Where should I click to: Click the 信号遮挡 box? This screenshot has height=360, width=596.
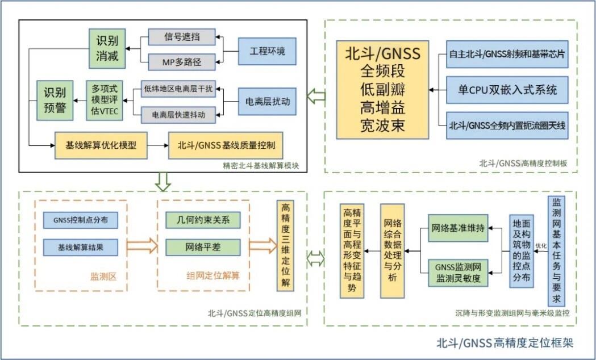tap(182, 37)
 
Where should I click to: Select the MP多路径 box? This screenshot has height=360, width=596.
tap(182, 60)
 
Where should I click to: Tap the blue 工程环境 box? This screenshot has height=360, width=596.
tap(268, 52)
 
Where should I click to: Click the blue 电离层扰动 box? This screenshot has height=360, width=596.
tap(268, 102)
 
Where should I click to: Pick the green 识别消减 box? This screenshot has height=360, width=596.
tap(107, 48)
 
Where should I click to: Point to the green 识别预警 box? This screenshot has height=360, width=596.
tap(55, 101)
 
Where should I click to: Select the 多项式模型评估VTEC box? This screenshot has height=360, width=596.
tap(103, 101)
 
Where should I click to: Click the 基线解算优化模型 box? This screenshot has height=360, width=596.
tap(102, 145)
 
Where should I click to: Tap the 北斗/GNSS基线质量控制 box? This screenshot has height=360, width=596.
tap(226, 145)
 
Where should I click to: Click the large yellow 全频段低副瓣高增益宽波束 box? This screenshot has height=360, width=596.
tap(382, 90)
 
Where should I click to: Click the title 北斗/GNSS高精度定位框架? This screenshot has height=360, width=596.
tap(504, 342)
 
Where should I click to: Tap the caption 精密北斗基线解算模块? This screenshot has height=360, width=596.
tap(262, 166)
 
